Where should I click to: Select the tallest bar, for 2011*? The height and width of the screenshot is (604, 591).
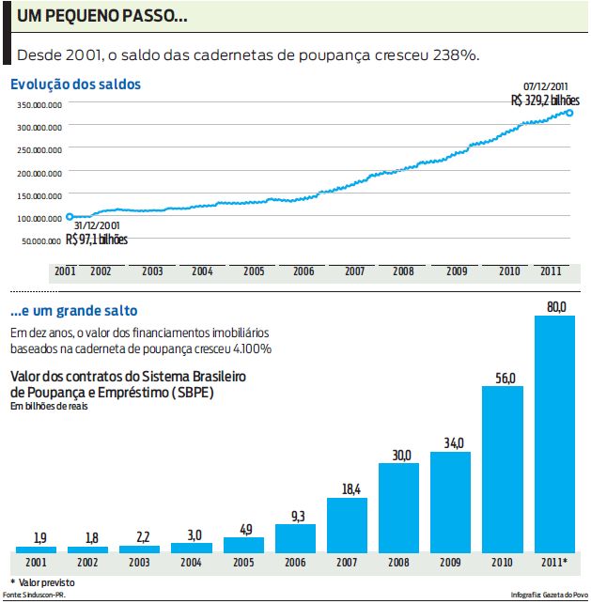pyautogui.click(x=554, y=434)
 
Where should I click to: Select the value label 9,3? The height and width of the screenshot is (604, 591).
pyautogui.click(x=296, y=516)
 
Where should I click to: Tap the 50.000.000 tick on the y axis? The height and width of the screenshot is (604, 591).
pyautogui.click(x=41, y=241)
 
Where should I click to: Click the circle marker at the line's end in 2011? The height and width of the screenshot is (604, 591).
pyautogui.click(x=570, y=114)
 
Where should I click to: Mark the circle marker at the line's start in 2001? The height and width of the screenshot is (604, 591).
pyautogui.click(x=70, y=217)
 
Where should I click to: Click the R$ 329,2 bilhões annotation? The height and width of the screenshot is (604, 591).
pyautogui.click(x=545, y=100)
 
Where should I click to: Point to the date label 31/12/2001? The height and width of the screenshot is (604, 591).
pyautogui.click(x=97, y=225)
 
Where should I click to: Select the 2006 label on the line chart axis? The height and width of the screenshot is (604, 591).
pyautogui.click(x=303, y=271)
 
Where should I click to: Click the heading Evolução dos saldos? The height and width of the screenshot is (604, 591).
pyautogui.click(x=76, y=85)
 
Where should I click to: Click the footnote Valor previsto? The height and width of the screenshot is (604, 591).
pyautogui.click(x=46, y=582)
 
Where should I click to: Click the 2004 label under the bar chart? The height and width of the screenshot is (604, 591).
pyautogui.click(x=192, y=563)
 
